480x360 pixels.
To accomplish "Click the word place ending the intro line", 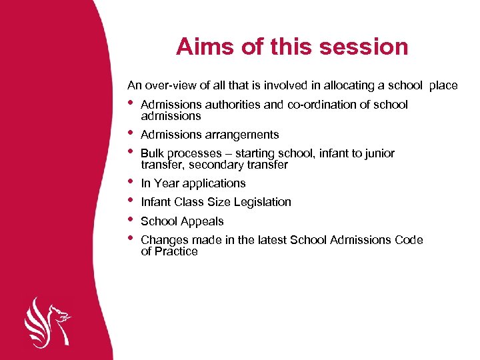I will tap(443, 85).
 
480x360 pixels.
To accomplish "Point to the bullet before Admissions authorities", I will tap(131, 103).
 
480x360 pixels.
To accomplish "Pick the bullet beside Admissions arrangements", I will tap(131, 133).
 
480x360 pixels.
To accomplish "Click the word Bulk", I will tap(153, 153).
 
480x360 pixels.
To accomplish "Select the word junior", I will tap(378, 153).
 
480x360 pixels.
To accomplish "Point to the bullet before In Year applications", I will tap(131, 181).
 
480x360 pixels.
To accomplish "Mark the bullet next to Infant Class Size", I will tap(131, 201).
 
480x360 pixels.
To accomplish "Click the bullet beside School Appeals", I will tap(131, 219).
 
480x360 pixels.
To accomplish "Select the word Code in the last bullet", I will tap(409, 240).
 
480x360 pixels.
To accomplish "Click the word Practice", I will tap(176, 251).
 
